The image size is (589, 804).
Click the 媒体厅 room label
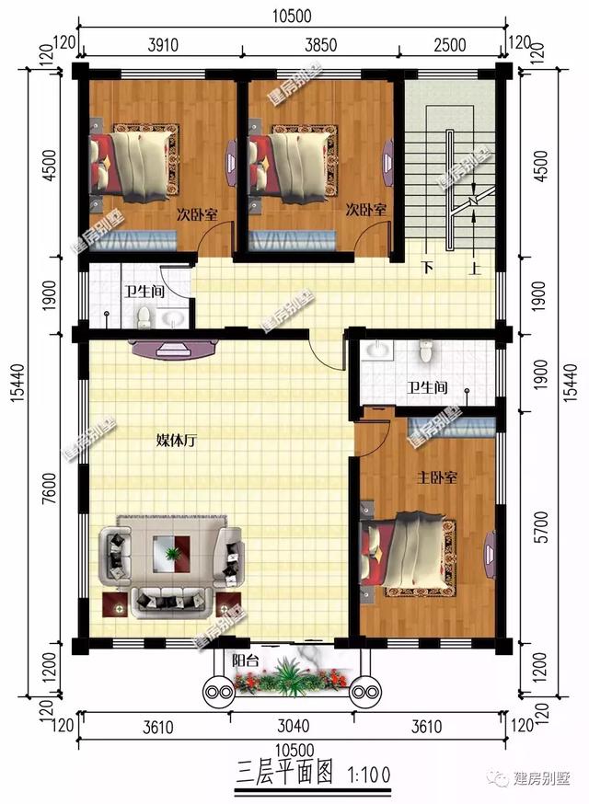(176, 441)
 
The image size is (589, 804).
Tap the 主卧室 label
(436, 477)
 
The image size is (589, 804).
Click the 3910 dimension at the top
(163, 44)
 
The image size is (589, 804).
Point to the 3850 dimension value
(321, 44)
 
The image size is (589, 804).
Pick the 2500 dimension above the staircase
(449, 44)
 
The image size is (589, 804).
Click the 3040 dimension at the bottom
(293, 726)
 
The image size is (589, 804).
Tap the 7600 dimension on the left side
(49, 488)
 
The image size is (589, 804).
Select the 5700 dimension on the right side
(541, 527)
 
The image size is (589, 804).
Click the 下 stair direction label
(427, 268)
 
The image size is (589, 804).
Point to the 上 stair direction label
(475, 268)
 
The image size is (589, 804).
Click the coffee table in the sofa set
(171, 553)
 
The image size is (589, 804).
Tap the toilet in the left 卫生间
(144, 317)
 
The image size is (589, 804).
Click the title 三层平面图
(284, 774)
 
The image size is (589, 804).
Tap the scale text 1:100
(369, 775)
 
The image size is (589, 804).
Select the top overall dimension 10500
(292, 16)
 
